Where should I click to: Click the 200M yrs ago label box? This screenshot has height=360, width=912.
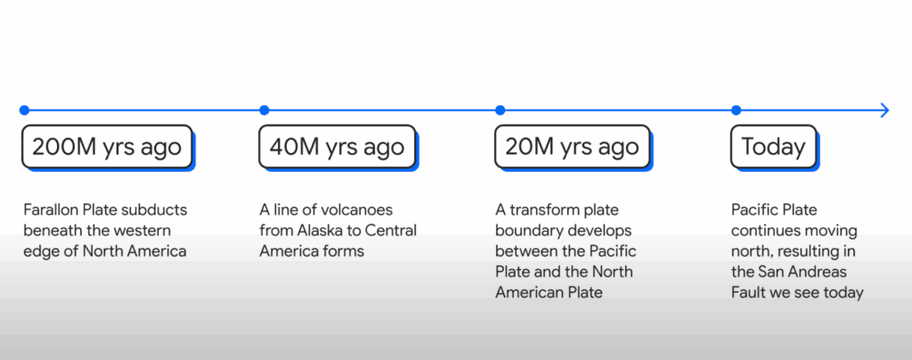click(x=107, y=147)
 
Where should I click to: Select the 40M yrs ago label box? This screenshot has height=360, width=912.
click(x=337, y=147)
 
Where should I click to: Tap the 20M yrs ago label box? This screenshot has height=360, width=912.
click(x=573, y=147)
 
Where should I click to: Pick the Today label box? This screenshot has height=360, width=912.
click(x=774, y=147)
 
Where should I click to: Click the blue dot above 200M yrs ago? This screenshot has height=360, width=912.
click(x=24, y=110)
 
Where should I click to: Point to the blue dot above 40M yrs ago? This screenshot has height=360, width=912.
click(x=264, y=110)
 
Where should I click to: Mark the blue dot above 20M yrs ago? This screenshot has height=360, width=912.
click(x=501, y=110)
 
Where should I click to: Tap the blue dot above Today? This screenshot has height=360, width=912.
click(x=737, y=110)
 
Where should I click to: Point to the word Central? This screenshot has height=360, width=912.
click(x=391, y=230)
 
